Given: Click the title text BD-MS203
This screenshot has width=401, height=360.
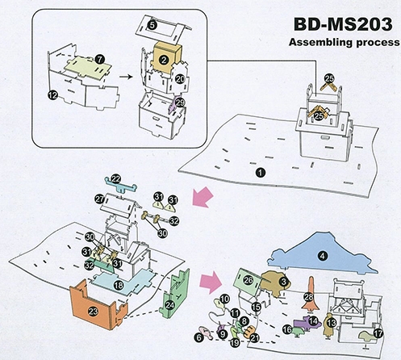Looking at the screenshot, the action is tap(343, 24).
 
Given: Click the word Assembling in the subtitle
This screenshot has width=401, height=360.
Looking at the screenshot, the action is tap(316, 42).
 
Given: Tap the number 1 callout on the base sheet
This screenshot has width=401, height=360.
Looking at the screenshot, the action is tap(261, 173).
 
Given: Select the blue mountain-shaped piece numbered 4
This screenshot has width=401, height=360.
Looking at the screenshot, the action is tap(323, 253).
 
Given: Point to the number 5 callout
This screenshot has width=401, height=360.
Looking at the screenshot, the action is tap(152, 25).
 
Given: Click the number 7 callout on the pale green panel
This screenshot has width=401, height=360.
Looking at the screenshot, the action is tap(100, 59).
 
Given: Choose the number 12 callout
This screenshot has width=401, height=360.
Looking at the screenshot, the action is tap(52, 94).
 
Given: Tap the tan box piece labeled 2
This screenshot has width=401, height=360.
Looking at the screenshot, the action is tap(166, 57).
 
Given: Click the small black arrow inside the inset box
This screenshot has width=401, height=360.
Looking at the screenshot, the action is tap(126, 77).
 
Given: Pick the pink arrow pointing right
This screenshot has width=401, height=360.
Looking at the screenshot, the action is tap(211, 282).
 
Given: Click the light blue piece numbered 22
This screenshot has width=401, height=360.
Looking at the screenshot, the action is tap(120, 184).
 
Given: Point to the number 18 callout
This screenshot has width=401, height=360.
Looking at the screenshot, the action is tap(119, 285).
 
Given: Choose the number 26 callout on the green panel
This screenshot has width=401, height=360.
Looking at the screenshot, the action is tap(248, 280).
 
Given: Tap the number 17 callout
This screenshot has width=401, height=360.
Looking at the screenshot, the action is tap(378, 334).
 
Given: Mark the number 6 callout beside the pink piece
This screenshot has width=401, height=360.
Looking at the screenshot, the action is tap(198, 337).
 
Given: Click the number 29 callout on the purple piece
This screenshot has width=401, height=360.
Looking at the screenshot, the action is tap(181, 103).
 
